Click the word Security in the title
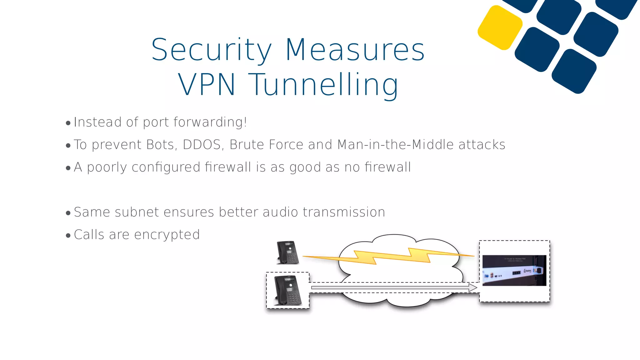pos(212,50)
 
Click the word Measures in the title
pos(355,50)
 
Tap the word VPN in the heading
pos(207,84)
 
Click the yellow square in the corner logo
pos(500,27)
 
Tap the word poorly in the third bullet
pos(107,167)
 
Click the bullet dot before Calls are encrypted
pos(68,235)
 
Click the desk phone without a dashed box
pos(288,252)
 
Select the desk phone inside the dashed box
pos(288,291)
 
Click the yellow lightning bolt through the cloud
pos(391,256)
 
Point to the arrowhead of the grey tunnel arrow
pos(473,287)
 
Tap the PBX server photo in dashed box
pos(514,270)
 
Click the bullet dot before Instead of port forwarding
pos(68,123)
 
